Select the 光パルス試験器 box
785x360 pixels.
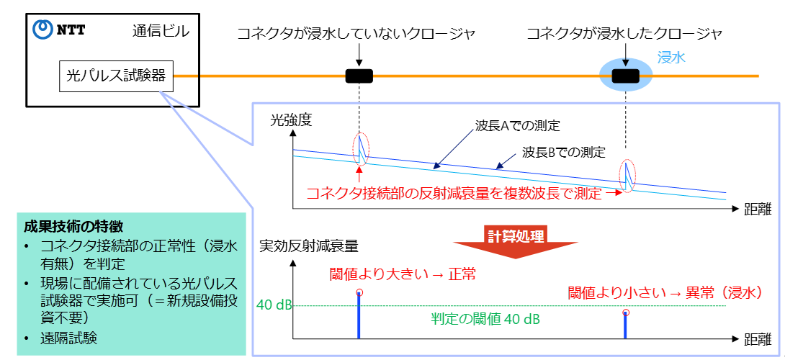[116, 76]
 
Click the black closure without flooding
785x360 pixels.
[359, 76]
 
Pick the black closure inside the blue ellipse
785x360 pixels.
[625, 76]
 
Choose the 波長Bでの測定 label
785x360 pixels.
[563, 153]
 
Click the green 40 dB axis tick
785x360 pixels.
[274, 305]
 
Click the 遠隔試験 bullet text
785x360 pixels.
[68, 338]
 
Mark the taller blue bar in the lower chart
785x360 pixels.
[359, 315]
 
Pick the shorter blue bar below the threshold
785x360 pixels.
[625, 324]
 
